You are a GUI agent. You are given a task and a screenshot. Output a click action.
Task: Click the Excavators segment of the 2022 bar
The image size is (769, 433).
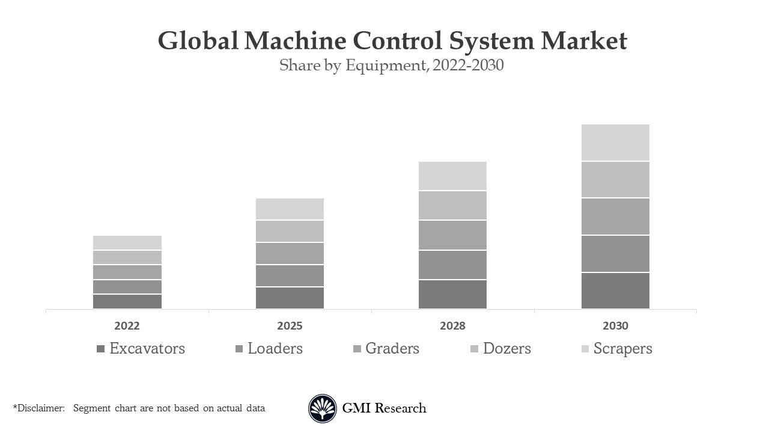coord(127,301)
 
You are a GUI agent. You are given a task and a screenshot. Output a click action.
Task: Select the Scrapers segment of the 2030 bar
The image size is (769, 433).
coord(615,143)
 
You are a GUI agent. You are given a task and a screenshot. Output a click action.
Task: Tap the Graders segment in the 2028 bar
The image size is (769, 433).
coord(452,235)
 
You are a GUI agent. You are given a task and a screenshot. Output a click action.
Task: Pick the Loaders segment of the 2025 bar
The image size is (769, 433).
coord(290,275)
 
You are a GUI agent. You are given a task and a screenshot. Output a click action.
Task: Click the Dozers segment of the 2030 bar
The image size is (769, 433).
coord(615,179)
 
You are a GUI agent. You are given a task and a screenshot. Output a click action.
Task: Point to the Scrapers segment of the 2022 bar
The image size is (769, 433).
coord(127,242)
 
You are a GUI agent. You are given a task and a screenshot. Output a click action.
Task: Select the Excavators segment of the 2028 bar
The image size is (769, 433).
coord(452,294)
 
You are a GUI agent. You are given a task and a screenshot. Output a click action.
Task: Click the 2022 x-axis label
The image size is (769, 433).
coord(127,326)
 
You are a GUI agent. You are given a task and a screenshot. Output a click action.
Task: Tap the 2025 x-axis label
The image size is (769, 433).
coord(290,326)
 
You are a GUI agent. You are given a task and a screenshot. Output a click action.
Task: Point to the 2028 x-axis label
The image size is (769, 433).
coord(452,326)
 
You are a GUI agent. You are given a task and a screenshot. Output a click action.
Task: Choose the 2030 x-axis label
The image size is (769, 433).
coord(615,326)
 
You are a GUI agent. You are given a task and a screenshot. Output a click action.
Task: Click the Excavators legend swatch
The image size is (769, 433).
coord(100,349)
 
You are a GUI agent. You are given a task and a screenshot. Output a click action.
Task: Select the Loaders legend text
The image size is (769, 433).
coord(275,349)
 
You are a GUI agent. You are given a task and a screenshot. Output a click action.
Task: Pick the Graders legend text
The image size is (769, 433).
coord(392,349)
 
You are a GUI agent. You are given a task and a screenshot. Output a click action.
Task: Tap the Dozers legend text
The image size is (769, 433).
coord(507,349)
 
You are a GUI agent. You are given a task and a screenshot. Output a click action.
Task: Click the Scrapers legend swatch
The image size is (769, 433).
coord(585,349)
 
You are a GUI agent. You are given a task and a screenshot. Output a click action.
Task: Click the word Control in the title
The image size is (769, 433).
coord(398,41)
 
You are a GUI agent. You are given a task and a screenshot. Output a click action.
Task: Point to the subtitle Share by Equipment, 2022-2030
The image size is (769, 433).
coord(391,66)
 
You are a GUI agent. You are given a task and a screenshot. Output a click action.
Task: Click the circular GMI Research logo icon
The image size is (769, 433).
coord(323,409)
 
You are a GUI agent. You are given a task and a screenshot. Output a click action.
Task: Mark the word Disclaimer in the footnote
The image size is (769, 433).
coord(40,408)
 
